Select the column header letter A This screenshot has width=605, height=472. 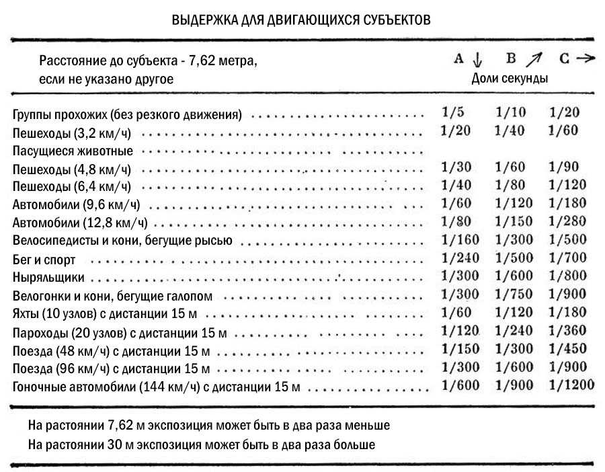point(459,59)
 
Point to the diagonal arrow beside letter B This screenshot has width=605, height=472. point(533,60)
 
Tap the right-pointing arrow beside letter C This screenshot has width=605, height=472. point(586,58)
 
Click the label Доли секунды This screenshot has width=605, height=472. point(510,78)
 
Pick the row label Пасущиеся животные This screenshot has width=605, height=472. point(73,150)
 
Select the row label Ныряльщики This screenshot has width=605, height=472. point(49,277)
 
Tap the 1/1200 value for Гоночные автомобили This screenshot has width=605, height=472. point(571,385)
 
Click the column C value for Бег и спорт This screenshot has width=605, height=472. point(567,258)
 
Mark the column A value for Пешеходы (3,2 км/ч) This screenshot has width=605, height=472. point(456,130)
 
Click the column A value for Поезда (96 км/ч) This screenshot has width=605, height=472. point(460,366)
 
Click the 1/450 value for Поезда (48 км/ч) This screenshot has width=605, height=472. point(567,348)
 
